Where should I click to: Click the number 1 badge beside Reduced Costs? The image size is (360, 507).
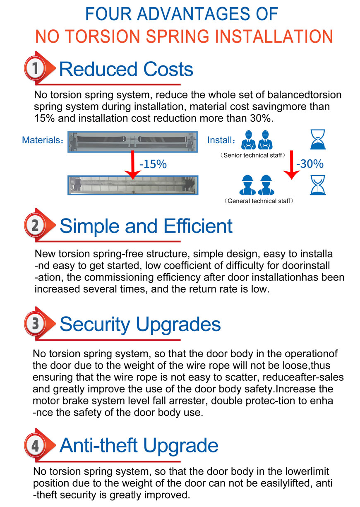pos(35,68)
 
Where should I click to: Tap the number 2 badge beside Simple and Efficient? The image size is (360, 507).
pos(35,225)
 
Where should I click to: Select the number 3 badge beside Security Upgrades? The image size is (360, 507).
pos(35,324)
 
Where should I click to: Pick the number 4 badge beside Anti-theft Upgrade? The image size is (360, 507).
pos(35,445)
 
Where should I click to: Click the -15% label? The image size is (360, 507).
pos(153,164)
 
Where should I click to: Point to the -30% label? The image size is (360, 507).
pos(310,163)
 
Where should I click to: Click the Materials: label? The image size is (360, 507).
pos(42,140)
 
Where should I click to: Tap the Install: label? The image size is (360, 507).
pos(221,140)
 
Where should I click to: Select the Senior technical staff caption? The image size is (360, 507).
pos(252,155)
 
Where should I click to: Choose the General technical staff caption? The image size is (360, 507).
pos(259,201)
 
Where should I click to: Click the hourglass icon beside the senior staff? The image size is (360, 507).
pos(318,139)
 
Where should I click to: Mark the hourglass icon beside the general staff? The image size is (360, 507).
pos(318,185)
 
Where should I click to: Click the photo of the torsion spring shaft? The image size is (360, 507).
pos(132,142)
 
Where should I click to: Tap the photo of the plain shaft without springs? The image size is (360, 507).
pos(133,185)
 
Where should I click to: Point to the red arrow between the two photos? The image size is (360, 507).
pos(132,165)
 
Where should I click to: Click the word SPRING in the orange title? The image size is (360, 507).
pos(178,36)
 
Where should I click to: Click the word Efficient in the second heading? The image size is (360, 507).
pos(198,226)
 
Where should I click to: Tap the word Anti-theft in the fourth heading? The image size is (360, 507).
pos(98,445)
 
